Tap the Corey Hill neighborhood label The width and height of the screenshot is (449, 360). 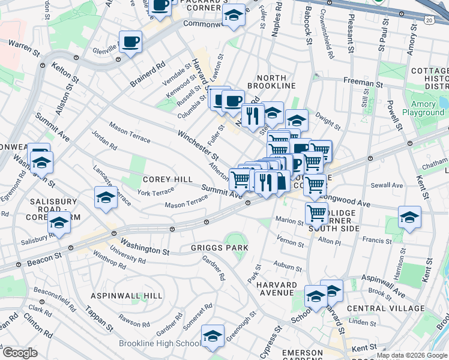click(167, 179)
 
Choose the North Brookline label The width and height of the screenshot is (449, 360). click(276, 82)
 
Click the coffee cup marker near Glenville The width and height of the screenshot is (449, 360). click(130, 42)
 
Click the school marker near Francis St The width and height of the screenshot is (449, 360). click(410, 217)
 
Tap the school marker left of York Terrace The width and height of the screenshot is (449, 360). click(106, 197)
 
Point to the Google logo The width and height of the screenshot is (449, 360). click(20, 353)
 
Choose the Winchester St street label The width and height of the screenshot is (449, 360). click(197, 145)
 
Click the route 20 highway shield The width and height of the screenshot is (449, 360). click(428, 20)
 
